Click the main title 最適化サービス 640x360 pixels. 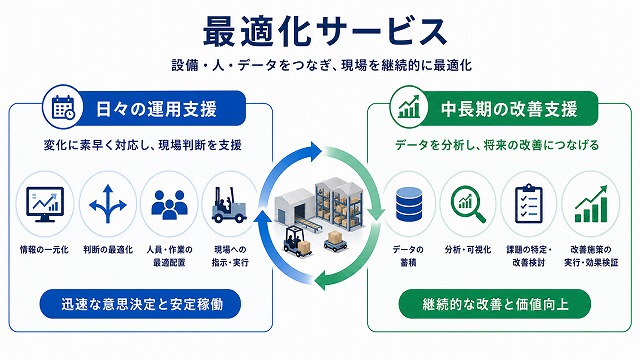[x=325, y=31]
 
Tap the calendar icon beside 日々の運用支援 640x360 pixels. [x=63, y=108]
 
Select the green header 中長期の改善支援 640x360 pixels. [x=509, y=109]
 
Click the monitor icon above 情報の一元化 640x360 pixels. [x=45, y=204]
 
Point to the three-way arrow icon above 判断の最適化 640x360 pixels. [x=107, y=204]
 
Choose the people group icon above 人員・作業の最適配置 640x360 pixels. [x=169, y=205]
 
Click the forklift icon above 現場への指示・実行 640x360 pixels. [x=229, y=205]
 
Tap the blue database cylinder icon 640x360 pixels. [x=409, y=204]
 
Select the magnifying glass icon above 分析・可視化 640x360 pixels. [x=468, y=204]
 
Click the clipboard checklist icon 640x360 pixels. [x=529, y=203]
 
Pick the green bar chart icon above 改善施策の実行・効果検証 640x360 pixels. [x=591, y=204]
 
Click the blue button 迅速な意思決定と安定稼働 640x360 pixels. [x=140, y=304]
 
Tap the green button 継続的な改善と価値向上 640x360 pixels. [x=495, y=304]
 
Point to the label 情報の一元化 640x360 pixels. [x=44, y=249]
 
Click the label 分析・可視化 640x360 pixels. [x=468, y=249]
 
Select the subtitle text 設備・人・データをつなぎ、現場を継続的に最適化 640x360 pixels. [x=322, y=65]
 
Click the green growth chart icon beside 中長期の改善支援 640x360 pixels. [x=409, y=107]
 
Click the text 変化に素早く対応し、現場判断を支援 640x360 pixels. [x=142, y=145]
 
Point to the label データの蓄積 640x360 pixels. [x=408, y=256]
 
